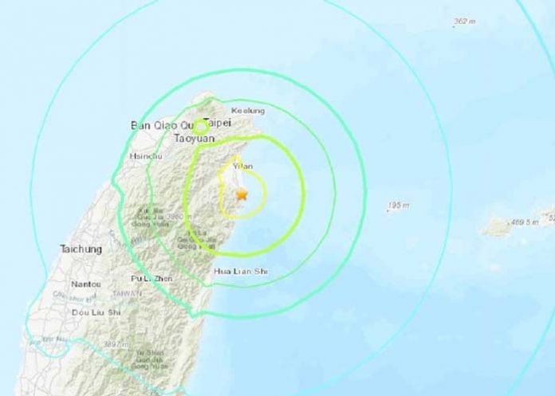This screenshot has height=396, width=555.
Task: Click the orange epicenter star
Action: coord(242,194)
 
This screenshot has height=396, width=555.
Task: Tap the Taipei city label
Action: coord(217,124)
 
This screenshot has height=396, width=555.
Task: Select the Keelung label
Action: coord(246,111)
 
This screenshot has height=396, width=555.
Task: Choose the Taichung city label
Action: coord(81,249)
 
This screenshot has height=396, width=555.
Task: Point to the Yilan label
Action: coord(242,166)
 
